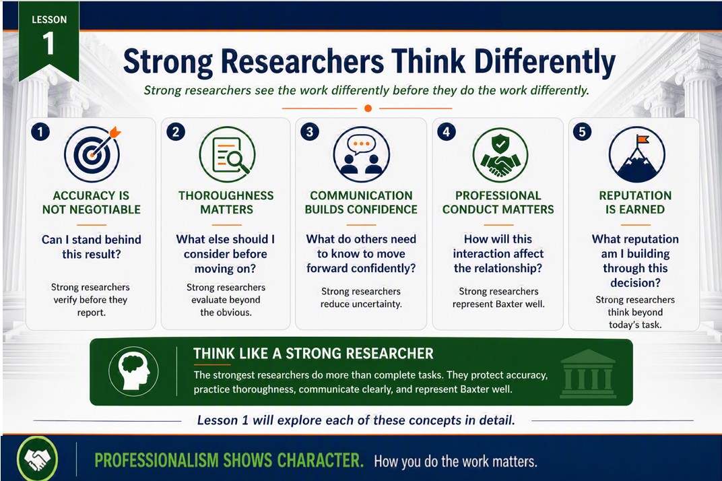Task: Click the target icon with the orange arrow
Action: coord(92,154)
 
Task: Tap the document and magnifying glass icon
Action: coord(227,154)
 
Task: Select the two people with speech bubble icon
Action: coord(362,154)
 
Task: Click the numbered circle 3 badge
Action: coord(309,132)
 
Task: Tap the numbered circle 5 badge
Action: coord(582,132)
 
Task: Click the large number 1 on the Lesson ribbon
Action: coord(48,44)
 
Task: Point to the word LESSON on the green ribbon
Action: coord(49,20)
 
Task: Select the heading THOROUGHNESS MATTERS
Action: coord(226,202)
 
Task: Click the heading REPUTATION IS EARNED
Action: coord(635,202)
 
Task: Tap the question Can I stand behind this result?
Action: coord(91,247)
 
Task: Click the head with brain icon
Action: coord(133,371)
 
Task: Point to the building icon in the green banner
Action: coord(587,374)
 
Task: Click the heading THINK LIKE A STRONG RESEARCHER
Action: coord(313,354)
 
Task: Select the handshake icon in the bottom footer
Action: coord(37,459)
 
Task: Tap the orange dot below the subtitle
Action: coord(368,108)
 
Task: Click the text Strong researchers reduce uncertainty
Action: coord(361,298)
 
